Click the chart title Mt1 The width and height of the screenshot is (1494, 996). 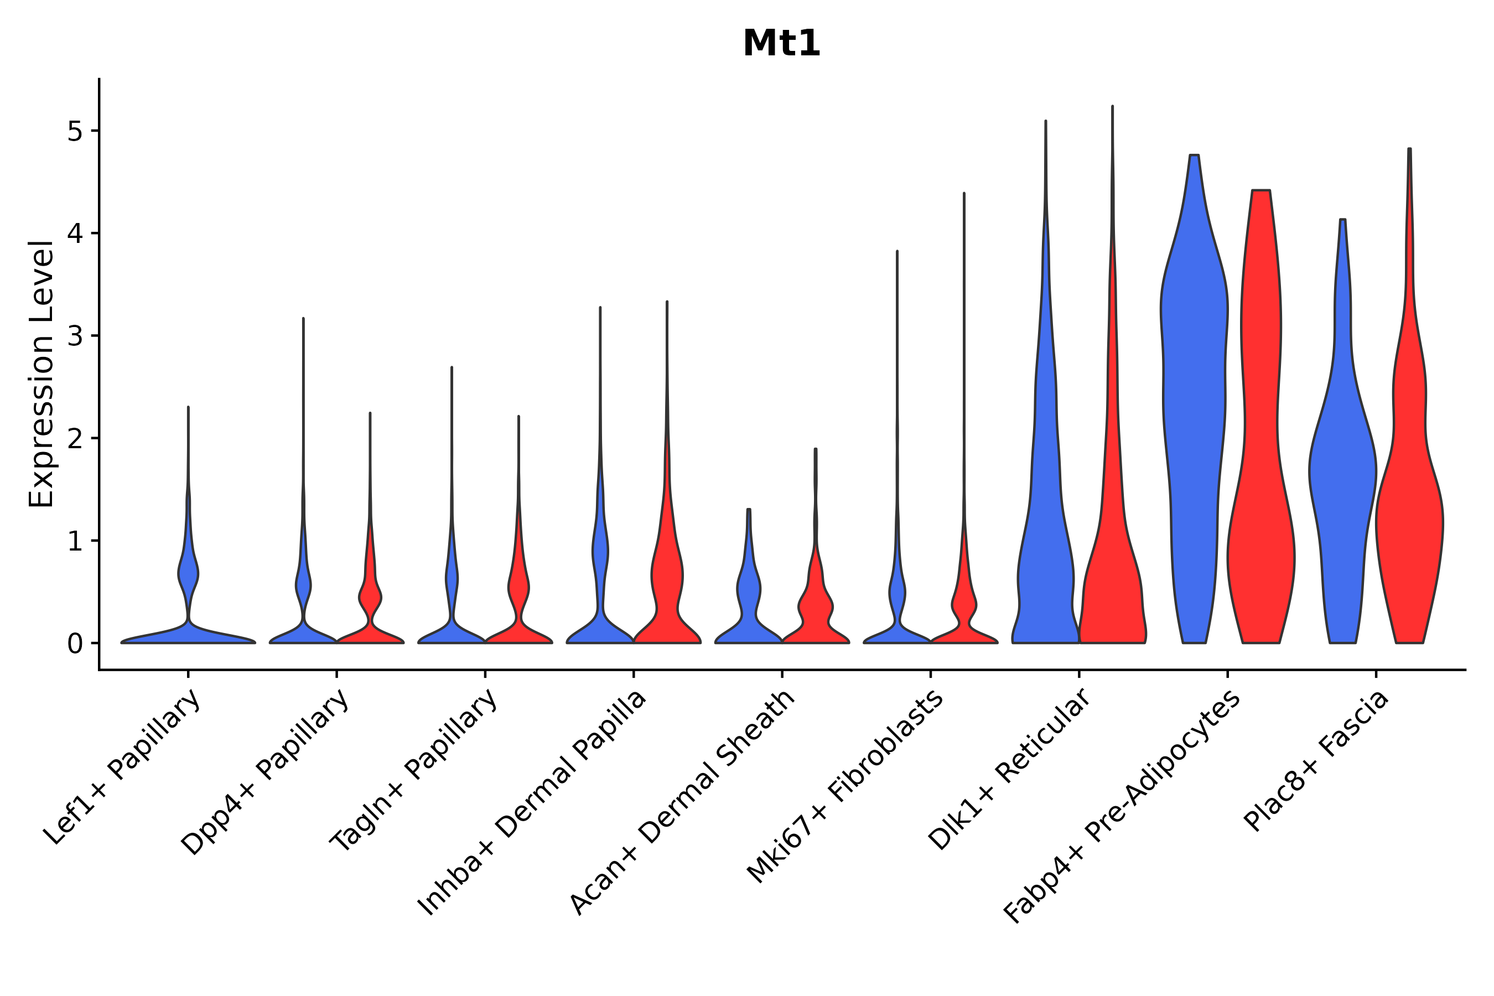781,44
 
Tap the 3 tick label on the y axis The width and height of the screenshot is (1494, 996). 75,336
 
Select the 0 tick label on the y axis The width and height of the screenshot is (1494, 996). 75,644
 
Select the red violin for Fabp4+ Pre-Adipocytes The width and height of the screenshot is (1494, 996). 1261,445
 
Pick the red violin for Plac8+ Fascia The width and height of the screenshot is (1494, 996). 1409,508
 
